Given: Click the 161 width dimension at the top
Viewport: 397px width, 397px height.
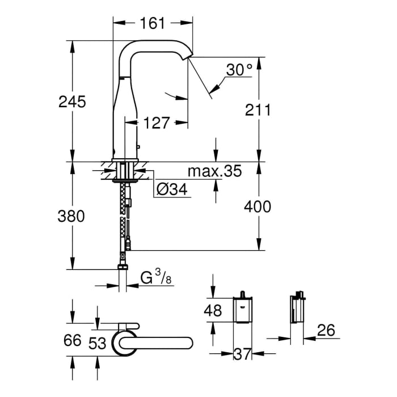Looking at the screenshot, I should click(152, 23).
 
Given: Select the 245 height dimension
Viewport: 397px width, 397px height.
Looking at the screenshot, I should click(72, 102).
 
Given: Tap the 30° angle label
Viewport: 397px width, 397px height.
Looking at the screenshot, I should click(239, 70).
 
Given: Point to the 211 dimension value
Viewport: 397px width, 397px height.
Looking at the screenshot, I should click(257, 109).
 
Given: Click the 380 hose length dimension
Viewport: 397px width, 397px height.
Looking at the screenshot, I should click(72, 216).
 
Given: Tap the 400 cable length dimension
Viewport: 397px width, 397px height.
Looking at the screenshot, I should click(257, 206).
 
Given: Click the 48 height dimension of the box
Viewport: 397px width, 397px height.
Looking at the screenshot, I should click(213, 310).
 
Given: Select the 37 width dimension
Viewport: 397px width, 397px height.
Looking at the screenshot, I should click(243, 354).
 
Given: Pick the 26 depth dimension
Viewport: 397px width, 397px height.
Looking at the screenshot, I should click(323, 330).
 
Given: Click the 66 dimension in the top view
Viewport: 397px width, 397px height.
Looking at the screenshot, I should click(71, 341).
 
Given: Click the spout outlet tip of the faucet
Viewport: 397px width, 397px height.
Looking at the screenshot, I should click(189, 57).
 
